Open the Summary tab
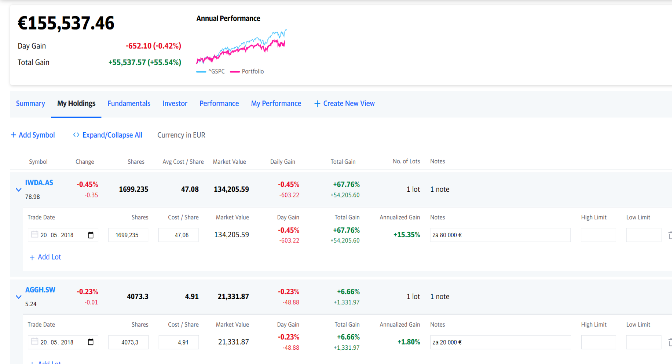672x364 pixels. [30, 104]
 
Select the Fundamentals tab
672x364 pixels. [129, 104]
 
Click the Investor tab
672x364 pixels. [175, 104]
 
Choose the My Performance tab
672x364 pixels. [276, 104]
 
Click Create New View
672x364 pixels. [344, 104]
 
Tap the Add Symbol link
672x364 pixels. [33, 135]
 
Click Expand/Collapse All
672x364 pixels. [108, 135]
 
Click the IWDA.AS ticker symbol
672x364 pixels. [39, 183]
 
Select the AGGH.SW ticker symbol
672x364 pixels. [40, 290]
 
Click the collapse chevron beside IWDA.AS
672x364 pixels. [19, 190]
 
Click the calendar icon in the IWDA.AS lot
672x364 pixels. [91, 235]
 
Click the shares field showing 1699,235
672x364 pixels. [128, 235]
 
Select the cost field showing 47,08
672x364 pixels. [178, 235]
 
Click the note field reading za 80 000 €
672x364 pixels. [500, 235]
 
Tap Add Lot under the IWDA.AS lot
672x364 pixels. [45, 257]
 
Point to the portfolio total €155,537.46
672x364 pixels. [66, 23]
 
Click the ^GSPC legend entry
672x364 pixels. [211, 71]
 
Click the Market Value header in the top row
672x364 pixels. [229, 162]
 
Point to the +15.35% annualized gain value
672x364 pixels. [407, 235]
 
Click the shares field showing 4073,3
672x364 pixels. [128, 342]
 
